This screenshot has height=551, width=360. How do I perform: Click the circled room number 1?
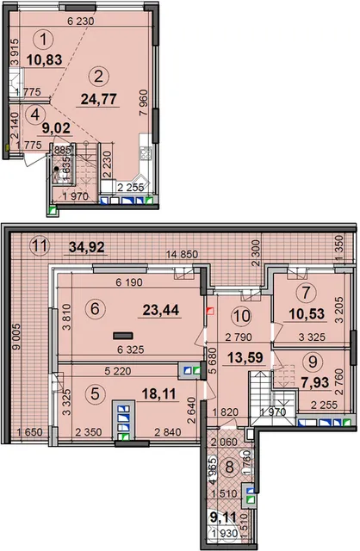[x=44, y=40]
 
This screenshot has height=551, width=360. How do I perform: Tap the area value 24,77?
[x=98, y=100]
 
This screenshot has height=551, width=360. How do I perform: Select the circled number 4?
[x=35, y=115]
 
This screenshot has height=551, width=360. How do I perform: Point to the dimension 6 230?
[x=81, y=22]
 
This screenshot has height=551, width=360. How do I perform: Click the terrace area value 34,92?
[x=86, y=247]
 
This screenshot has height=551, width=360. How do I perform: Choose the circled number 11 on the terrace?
[x=40, y=245]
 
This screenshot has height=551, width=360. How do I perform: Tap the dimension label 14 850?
[x=182, y=254]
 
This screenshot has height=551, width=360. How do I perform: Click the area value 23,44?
[x=161, y=310]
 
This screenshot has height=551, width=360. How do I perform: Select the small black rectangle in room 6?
[x=123, y=336]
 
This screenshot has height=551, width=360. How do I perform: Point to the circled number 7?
[x=307, y=292]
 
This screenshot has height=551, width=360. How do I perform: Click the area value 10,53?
[x=307, y=313]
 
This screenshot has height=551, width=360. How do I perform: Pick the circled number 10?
[x=241, y=316]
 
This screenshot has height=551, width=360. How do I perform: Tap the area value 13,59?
[x=245, y=358]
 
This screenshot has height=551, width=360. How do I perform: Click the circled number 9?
[x=313, y=362]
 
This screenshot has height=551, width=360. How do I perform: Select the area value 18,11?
[x=158, y=394]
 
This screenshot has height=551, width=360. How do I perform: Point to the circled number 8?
[x=229, y=467]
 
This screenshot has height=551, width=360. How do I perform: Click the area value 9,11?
[x=224, y=517]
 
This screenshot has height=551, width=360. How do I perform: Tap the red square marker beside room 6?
[x=210, y=311]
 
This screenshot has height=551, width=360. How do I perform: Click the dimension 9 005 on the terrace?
[x=16, y=337]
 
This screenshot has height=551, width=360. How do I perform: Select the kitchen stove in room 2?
[x=146, y=153]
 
